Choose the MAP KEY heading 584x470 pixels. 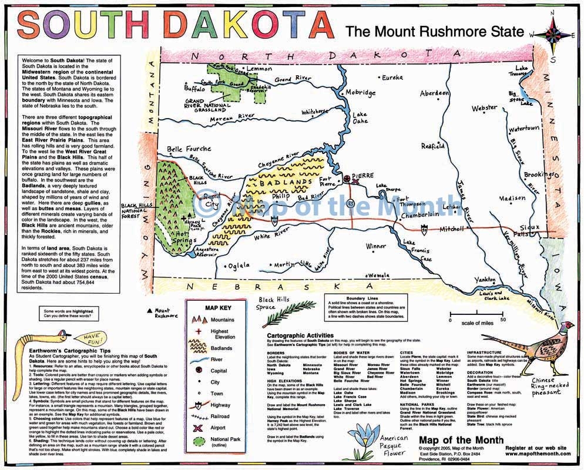pyautogui.click(x=217, y=307)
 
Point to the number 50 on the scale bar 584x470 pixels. pyautogui.click(x=503, y=320)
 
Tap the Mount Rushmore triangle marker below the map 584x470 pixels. pyautogui.click(x=150, y=310)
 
